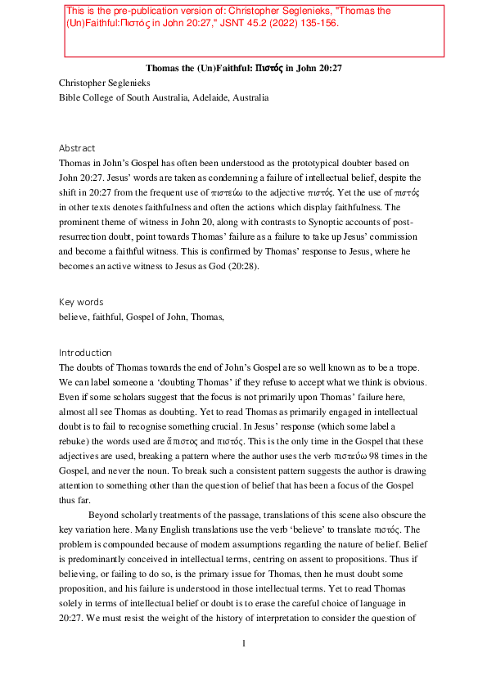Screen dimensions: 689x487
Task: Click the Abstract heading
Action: [x=77, y=148]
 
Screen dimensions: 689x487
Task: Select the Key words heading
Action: [x=81, y=302]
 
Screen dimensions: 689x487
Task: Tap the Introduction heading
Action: [x=85, y=353]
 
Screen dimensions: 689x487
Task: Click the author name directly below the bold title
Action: [x=105, y=83]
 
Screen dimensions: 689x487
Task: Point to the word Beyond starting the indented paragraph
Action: [x=106, y=515]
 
